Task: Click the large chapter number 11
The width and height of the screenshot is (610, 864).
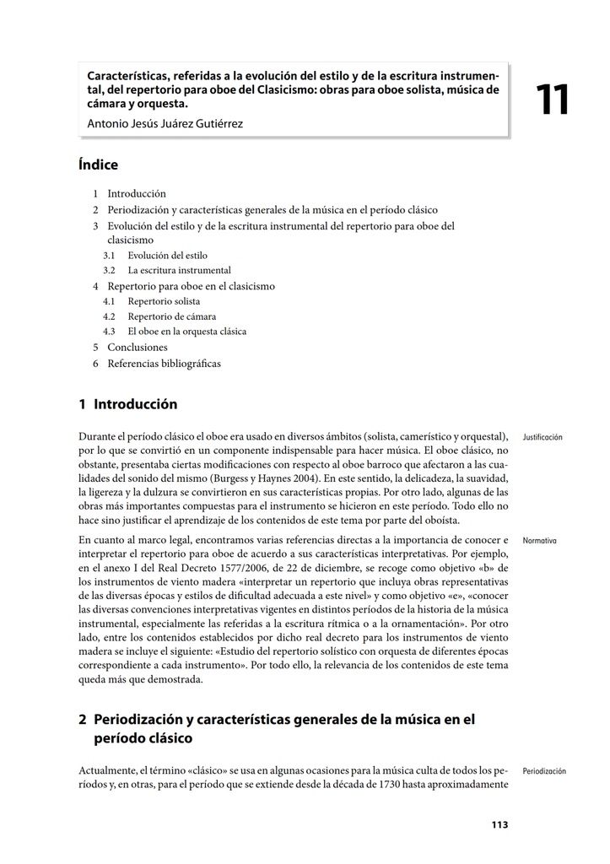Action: tap(553, 100)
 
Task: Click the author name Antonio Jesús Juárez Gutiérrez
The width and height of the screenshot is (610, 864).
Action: tap(165, 124)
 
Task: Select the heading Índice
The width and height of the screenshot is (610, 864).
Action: tap(98, 165)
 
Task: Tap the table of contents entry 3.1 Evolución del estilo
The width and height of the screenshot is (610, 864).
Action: tap(167, 255)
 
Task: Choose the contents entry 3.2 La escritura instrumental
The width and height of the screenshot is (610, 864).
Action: tap(179, 270)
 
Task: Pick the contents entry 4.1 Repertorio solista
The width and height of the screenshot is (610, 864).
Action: tap(164, 301)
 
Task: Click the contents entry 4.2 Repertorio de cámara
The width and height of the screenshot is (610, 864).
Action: tap(171, 316)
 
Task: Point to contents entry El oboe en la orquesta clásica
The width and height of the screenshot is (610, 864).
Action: tap(187, 332)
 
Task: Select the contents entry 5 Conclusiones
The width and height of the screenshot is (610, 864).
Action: tap(137, 347)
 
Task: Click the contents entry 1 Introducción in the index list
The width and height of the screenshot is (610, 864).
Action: tap(136, 193)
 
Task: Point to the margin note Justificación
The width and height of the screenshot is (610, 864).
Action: tap(543, 437)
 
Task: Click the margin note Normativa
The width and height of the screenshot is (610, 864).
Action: tap(539, 540)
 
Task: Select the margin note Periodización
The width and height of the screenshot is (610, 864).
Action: tap(544, 771)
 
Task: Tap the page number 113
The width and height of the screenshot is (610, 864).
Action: tap(499, 824)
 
